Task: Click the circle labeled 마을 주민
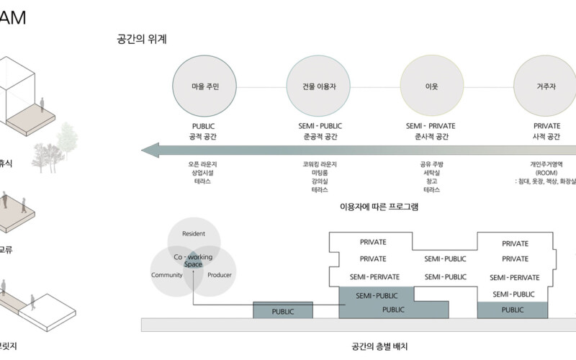coord(204,86)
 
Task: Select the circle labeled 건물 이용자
coord(318,86)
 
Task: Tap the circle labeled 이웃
coord(432,86)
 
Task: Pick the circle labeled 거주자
coord(545,86)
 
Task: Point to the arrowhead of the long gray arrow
coord(150,150)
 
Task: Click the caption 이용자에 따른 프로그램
coord(379,207)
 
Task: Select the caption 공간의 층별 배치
coord(379,346)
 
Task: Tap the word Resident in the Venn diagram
coord(194,234)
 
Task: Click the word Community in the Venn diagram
coord(166,275)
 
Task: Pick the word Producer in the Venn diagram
coord(219,275)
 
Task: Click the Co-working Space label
coord(192,261)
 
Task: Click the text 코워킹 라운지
coord(319,164)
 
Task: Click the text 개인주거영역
coord(545,164)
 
